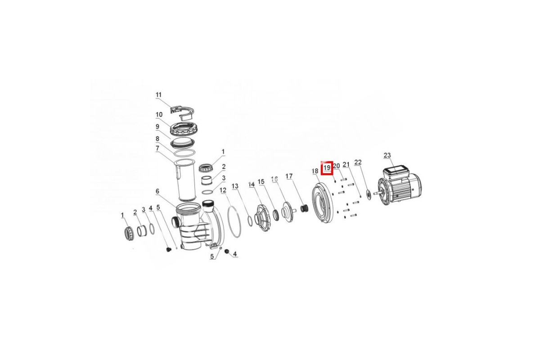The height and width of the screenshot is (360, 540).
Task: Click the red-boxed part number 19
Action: click(x=327, y=167)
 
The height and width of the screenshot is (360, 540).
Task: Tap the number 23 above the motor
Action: click(x=387, y=155)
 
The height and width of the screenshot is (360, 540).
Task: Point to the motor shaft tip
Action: click(x=374, y=193)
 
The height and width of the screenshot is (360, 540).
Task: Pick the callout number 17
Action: click(x=289, y=176)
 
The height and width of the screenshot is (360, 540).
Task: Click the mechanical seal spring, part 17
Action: click(x=304, y=208)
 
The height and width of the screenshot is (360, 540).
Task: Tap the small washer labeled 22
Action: click(x=369, y=194)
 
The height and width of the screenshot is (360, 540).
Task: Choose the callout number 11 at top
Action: click(x=158, y=95)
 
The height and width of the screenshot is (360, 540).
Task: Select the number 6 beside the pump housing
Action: click(x=157, y=191)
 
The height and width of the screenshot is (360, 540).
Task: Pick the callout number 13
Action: click(x=235, y=186)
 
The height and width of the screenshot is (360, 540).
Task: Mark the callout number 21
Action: click(x=346, y=164)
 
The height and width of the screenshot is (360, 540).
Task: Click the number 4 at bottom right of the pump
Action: click(x=234, y=254)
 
